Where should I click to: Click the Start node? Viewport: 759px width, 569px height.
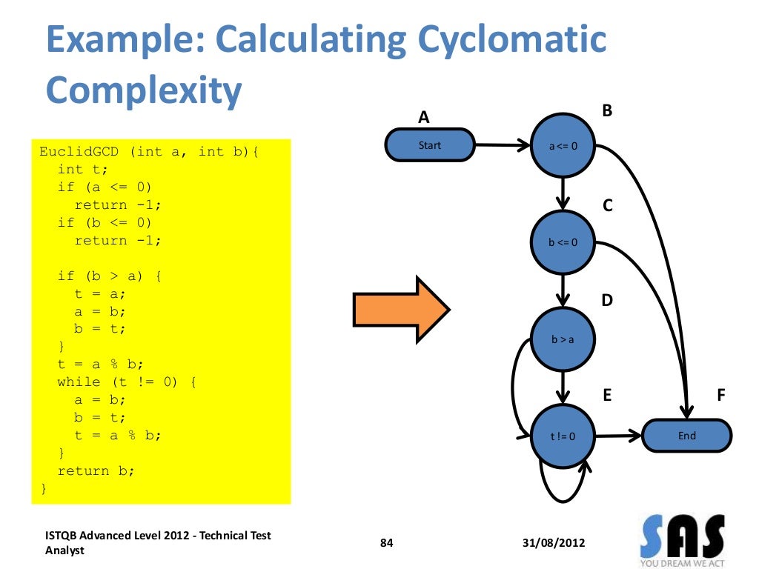[429, 145]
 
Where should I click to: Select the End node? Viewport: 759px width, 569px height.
[686, 436]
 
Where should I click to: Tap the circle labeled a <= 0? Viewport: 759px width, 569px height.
[563, 146]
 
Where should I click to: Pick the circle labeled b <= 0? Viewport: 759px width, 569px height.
[563, 242]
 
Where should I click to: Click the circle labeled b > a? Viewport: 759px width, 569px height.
[563, 339]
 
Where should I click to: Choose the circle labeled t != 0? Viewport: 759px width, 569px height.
[563, 436]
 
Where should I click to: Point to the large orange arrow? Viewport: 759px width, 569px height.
[400, 310]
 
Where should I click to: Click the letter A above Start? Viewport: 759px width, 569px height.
[424, 117]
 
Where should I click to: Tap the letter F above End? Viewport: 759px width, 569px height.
[720, 396]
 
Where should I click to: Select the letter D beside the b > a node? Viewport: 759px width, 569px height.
[607, 301]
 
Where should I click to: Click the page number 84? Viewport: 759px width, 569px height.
[386, 543]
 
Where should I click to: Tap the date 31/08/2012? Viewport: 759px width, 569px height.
[553, 543]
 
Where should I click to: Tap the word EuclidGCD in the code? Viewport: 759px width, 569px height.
[80, 152]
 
